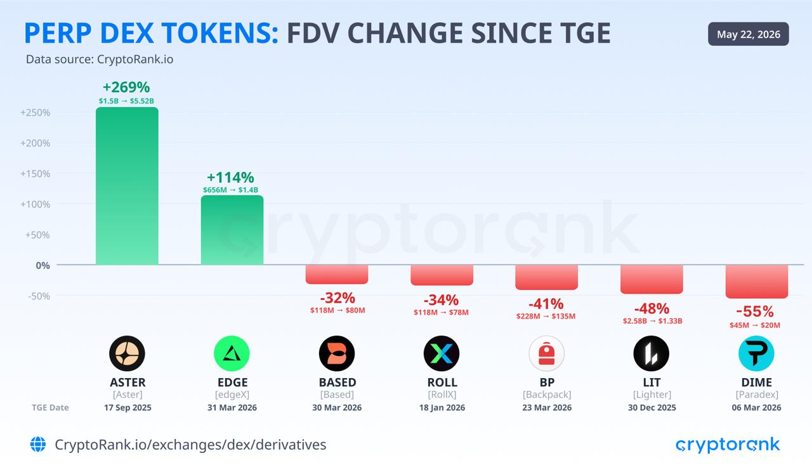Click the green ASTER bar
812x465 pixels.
127,186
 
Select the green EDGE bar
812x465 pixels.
232,230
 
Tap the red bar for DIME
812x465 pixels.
757,282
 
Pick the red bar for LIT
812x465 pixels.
652,279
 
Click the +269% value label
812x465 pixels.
126,87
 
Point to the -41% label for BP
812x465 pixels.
546,304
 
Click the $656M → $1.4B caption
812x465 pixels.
230,190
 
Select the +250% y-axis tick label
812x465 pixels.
35,112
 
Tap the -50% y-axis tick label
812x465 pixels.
39,296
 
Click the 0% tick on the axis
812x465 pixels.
43,266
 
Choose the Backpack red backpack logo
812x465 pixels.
547,353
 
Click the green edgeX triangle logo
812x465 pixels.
232,353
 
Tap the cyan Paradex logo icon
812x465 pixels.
756,353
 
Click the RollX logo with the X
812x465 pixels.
442,353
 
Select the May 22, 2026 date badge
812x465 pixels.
748,34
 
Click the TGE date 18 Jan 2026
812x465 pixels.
442,408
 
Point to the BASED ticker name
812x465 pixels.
337,383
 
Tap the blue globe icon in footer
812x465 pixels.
38,444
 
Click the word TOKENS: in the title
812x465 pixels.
220,33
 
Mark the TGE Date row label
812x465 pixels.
50,408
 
